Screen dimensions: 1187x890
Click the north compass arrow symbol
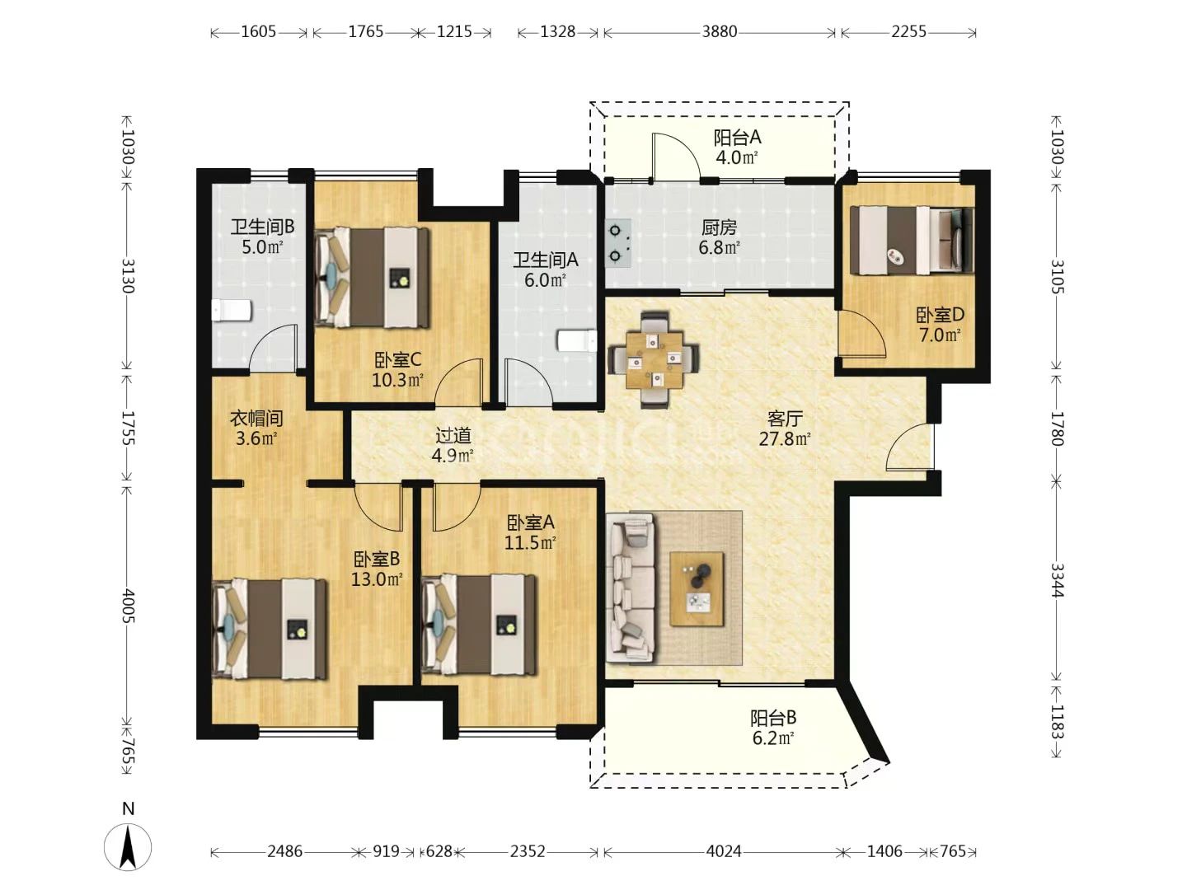[x=128, y=847]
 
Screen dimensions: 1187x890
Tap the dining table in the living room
[x=654, y=360]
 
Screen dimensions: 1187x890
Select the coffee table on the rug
[x=697, y=589]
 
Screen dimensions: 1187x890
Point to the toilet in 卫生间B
[x=232, y=310]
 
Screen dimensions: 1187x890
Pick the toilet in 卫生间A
[x=577, y=341]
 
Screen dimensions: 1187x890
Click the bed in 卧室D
[x=911, y=241]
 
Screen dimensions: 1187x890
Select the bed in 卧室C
[x=372, y=278]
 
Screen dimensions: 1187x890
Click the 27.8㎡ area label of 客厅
[x=785, y=439]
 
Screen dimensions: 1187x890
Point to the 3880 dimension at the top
[x=720, y=32]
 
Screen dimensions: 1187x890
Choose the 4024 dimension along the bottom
[x=724, y=852]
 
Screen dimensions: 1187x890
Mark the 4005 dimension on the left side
[x=128, y=605]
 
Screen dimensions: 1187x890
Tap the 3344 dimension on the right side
[x=1058, y=580]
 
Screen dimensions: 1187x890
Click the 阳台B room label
[x=772, y=718]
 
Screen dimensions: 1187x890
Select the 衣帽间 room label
[x=256, y=418]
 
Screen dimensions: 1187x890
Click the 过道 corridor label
[x=453, y=435]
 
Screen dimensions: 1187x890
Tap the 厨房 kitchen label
[x=720, y=228]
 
